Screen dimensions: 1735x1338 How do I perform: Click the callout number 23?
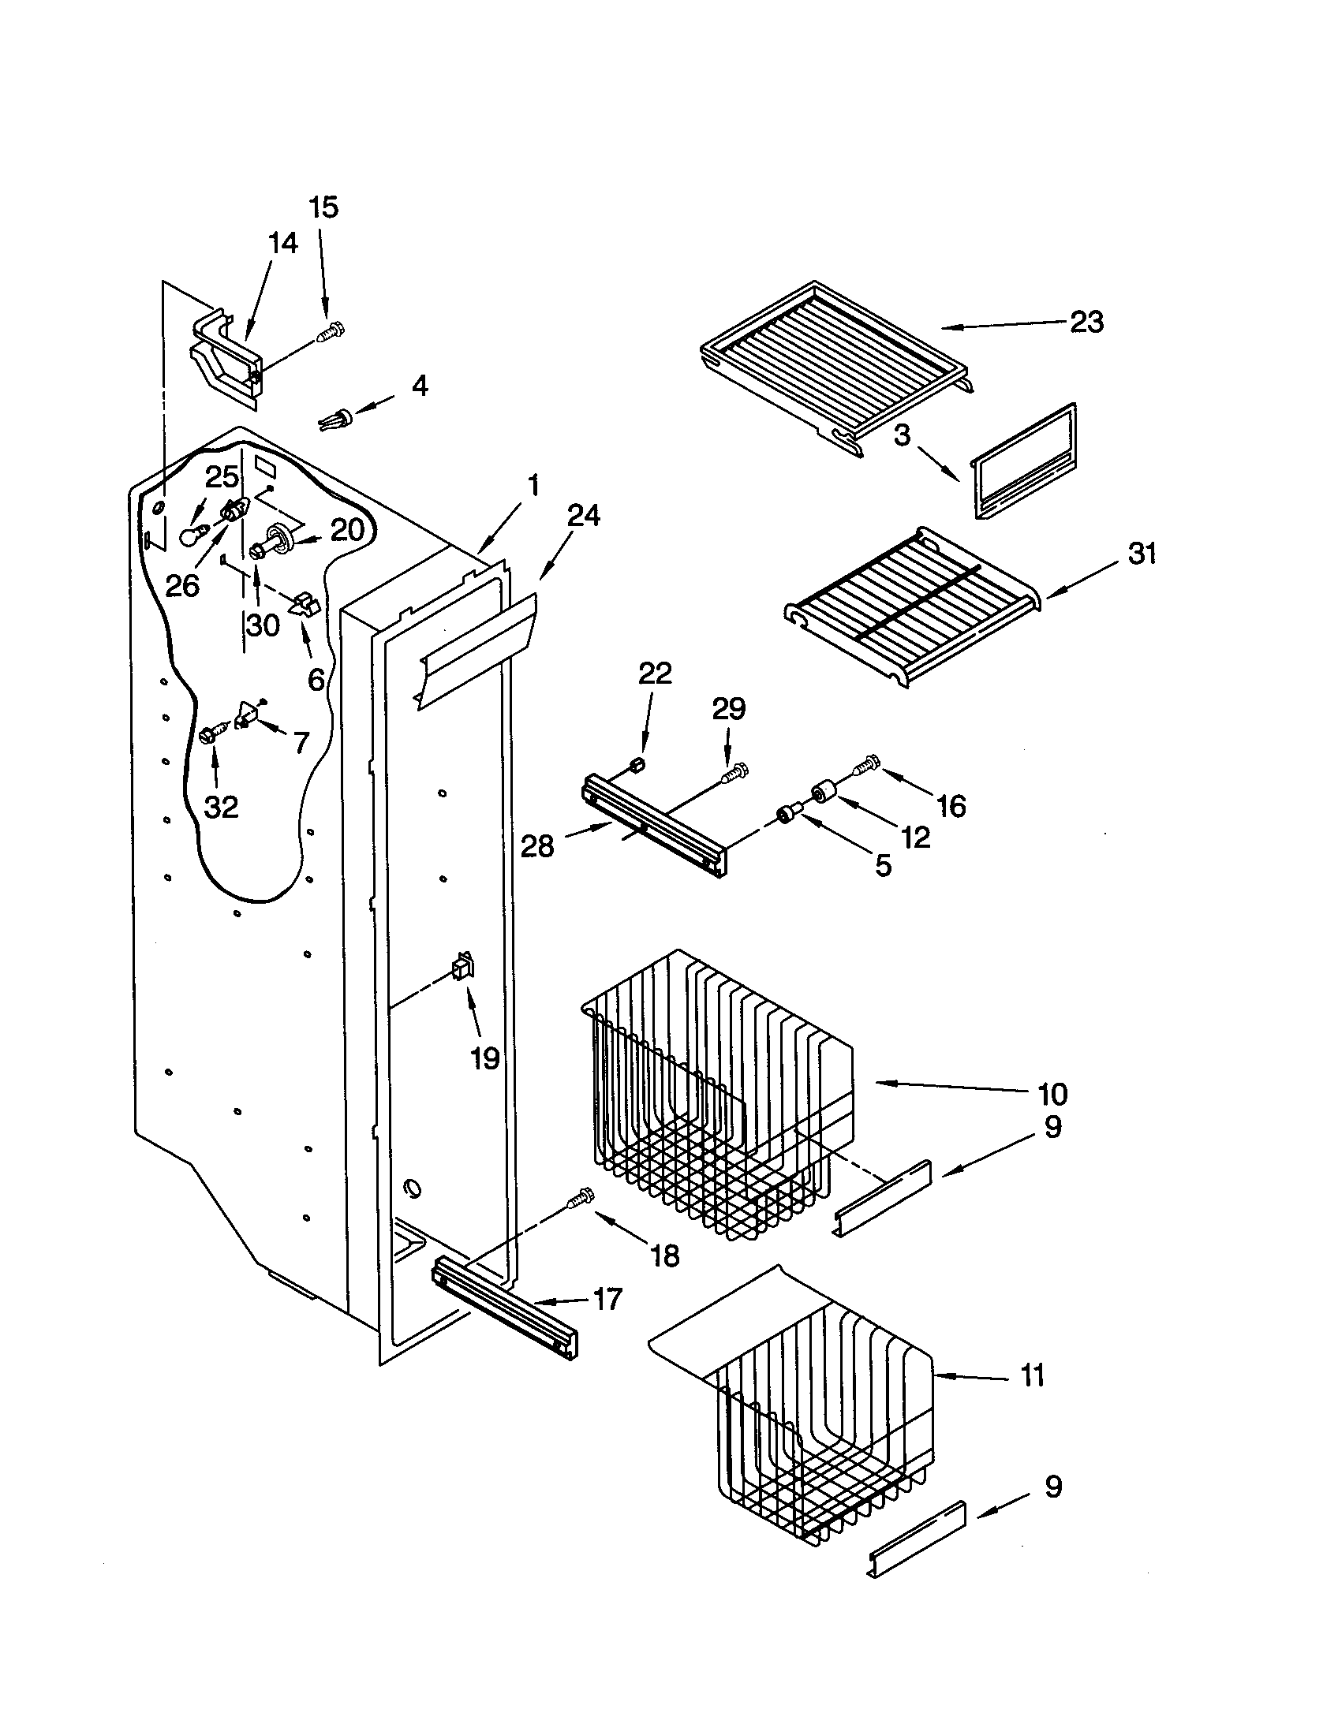click(x=1086, y=322)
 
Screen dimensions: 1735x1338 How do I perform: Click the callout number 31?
click(x=1142, y=553)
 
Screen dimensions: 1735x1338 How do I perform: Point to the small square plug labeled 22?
click(x=636, y=765)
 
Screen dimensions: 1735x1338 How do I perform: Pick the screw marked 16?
click(x=865, y=766)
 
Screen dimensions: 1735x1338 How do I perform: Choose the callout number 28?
click(x=536, y=846)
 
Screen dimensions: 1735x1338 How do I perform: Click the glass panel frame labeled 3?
click(x=1023, y=462)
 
